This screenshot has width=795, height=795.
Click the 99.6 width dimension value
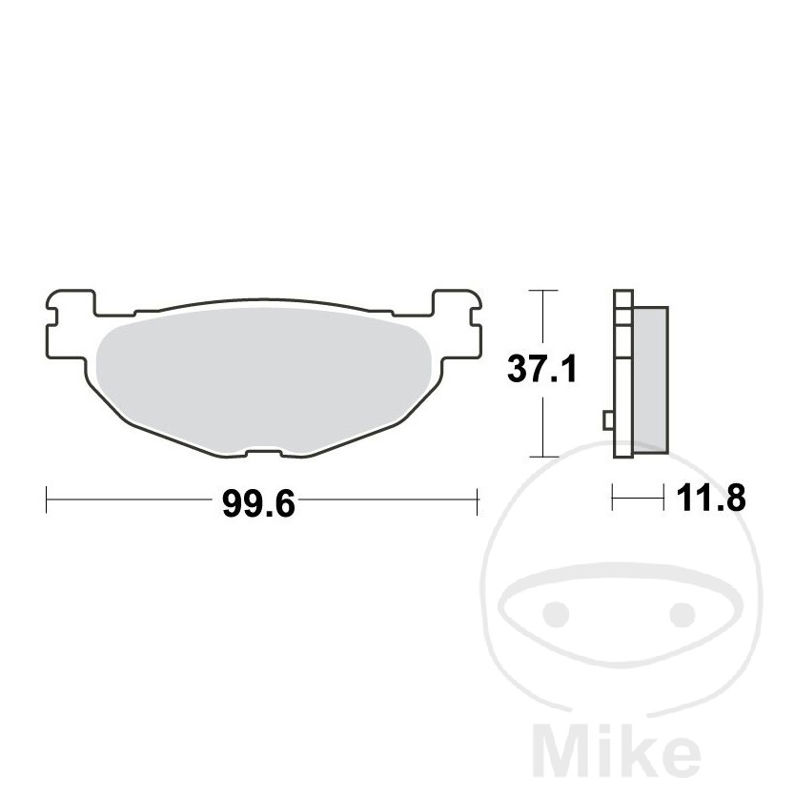(258, 504)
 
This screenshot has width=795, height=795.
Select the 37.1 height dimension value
(542, 369)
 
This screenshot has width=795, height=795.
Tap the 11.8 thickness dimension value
(711, 498)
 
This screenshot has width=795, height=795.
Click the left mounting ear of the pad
(71, 324)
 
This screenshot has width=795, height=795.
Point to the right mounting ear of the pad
(457, 324)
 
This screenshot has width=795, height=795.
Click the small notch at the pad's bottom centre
(264, 452)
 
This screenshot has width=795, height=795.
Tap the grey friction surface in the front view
(263, 379)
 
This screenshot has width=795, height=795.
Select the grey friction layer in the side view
(650, 379)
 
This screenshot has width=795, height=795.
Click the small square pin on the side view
(608, 420)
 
